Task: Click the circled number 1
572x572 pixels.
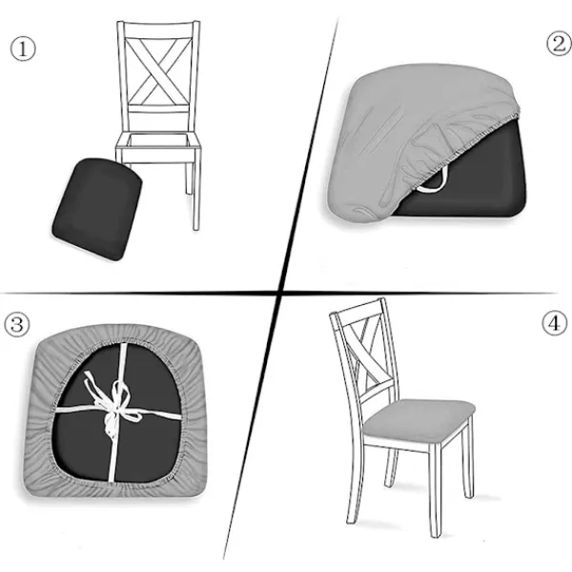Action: [23, 50]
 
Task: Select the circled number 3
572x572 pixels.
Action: [17, 325]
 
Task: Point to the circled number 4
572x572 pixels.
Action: [555, 323]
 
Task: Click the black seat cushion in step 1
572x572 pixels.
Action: [97, 209]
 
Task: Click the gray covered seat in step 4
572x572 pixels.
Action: [419, 419]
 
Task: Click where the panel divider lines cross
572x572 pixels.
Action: [280, 293]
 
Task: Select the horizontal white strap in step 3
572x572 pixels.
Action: [118, 411]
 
